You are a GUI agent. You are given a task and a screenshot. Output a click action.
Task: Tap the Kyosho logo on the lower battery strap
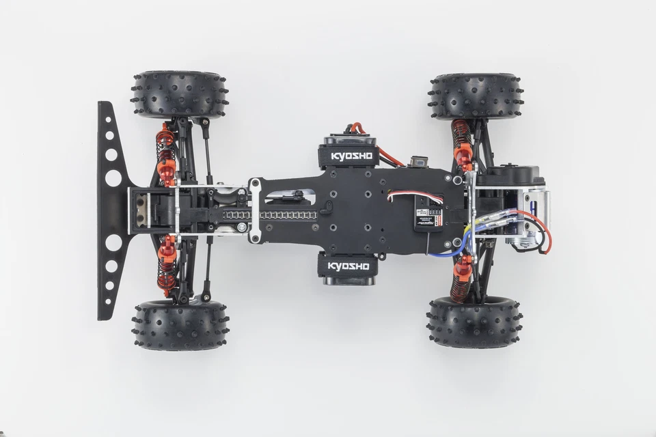click(x=348, y=265)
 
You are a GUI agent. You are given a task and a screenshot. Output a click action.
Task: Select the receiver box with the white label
click(x=420, y=217)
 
